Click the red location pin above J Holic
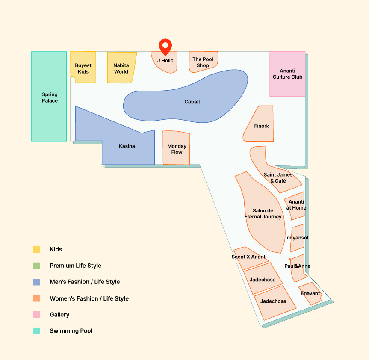point(165,46)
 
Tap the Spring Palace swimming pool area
point(49,96)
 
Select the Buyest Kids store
point(83,67)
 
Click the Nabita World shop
point(121,67)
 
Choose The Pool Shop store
point(204,62)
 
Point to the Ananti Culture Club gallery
point(287,74)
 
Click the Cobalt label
point(192,102)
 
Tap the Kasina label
point(127,146)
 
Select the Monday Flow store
point(176,148)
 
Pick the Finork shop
point(260,124)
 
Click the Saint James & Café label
point(278,177)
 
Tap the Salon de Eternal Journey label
point(263,214)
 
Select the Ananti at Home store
point(295,206)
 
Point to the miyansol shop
point(298,238)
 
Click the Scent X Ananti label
point(249,257)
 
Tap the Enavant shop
point(310,294)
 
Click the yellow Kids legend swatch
point(37,249)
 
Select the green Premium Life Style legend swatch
point(37,266)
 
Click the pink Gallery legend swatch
point(37,315)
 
